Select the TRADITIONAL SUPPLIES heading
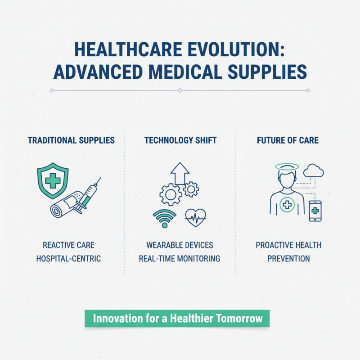tap(71, 140)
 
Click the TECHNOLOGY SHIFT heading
tap(180, 140)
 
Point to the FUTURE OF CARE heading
tap(288, 140)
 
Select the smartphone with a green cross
tap(315, 211)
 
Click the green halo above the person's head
tap(284, 166)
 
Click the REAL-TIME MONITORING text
tap(180, 259)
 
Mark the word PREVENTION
tap(288, 259)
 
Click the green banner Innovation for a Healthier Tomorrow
tap(177, 319)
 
